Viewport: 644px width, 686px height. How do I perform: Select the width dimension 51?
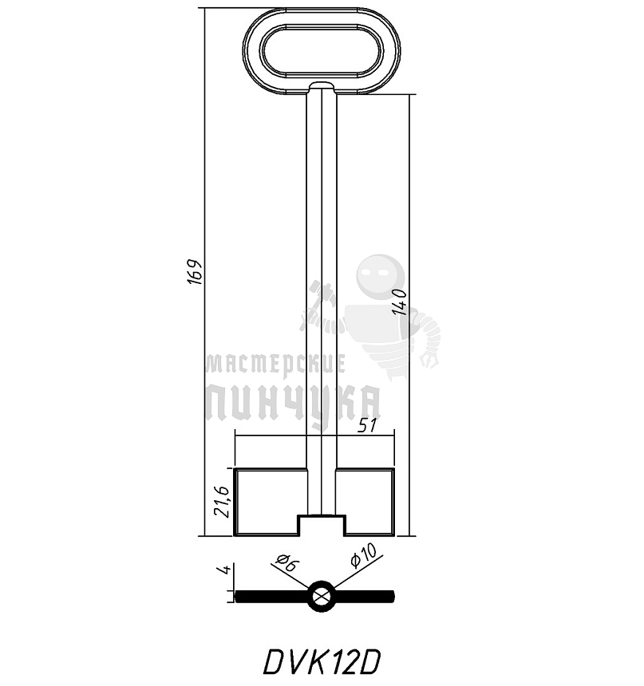click(366, 425)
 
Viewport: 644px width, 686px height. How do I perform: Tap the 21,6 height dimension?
click(224, 502)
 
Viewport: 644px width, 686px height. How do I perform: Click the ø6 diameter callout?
click(286, 563)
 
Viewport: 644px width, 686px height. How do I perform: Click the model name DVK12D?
click(322, 661)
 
